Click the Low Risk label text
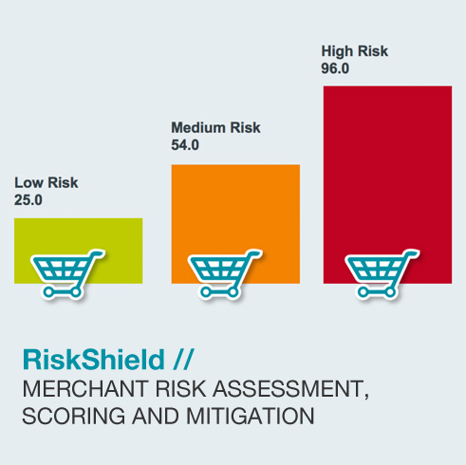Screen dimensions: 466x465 47,183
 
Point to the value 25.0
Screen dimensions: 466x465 28,200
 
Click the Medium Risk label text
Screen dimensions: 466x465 215,128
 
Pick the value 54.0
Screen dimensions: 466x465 185,145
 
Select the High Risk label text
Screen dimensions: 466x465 355,52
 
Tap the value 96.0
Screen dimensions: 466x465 335,68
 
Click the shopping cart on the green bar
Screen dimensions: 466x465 67,274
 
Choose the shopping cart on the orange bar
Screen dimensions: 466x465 225,274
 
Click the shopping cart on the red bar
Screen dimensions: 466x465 382,274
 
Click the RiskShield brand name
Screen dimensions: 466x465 94,360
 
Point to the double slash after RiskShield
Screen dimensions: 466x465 183,360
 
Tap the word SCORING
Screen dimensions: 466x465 74,416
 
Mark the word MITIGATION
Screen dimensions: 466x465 251,416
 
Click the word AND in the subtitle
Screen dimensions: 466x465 156,416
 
